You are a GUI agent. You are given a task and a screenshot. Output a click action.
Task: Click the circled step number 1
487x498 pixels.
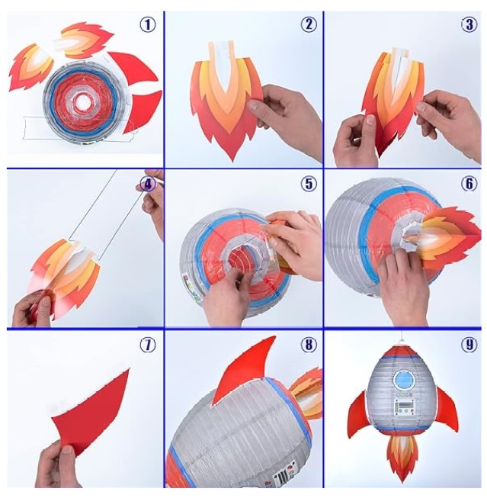click(x=148, y=24)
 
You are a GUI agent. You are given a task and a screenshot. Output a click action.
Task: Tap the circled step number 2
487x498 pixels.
click(x=308, y=24)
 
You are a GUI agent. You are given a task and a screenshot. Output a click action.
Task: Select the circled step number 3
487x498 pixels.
click(x=469, y=24)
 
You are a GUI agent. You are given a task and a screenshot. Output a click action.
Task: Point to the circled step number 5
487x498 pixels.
click(x=308, y=184)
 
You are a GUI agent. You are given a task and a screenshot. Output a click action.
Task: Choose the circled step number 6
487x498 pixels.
click(x=469, y=184)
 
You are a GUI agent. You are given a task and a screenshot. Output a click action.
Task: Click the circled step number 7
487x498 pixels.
click(x=148, y=344)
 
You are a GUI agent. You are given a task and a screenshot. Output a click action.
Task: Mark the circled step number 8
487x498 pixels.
click(x=308, y=344)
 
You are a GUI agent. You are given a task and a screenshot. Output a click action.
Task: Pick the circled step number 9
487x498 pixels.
click(x=469, y=344)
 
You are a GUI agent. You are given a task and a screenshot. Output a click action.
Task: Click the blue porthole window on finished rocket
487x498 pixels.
click(x=404, y=381)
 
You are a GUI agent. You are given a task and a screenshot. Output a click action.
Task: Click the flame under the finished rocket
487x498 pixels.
click(x=402, y=458)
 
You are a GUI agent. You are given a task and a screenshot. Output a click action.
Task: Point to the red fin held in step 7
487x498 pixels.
click(x=92, y=413)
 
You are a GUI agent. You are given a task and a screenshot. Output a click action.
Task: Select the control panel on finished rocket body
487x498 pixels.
click(x=405, y=406)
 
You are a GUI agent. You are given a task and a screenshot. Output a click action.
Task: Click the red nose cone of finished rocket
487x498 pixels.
click(x=403, y=352)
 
